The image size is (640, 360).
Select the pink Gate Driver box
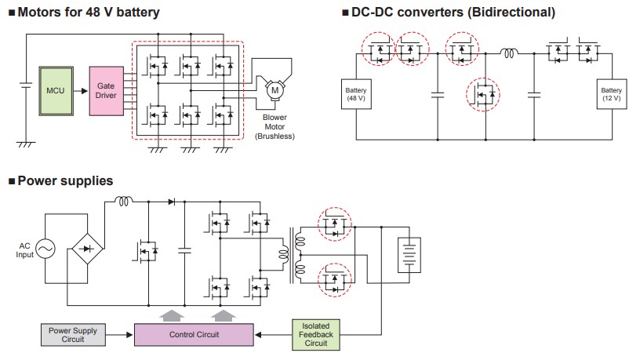(106, 90)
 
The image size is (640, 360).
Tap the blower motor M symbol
(275, 90)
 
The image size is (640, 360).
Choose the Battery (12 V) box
(612, 95)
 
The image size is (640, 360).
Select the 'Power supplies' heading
(64, 181)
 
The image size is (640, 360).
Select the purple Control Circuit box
(193, 335)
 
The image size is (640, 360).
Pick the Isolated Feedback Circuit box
(315, 334)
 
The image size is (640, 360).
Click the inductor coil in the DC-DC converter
(510, 54)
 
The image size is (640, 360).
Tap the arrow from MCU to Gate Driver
(81, 91)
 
